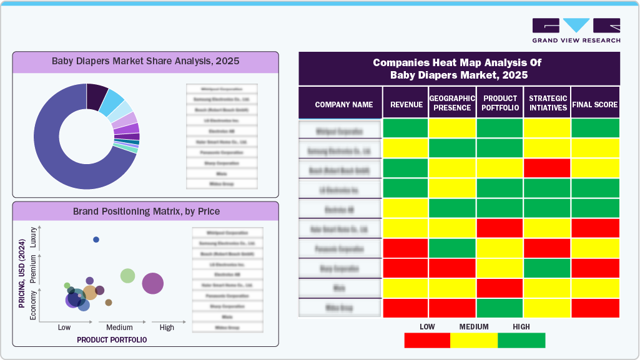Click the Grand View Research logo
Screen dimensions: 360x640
(576, 30)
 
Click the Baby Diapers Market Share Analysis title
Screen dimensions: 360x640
(145, 62)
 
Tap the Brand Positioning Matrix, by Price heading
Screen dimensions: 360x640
(145, 212)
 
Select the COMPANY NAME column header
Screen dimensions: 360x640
(343, 105)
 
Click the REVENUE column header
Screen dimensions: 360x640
(406, 105)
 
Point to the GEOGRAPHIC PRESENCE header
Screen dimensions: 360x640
(452, 103)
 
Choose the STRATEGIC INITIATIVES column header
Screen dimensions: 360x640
(547, 103)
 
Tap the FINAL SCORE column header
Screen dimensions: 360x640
(595, 105)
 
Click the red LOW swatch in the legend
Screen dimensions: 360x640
(427, 340)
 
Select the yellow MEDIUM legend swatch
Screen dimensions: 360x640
(474, 340)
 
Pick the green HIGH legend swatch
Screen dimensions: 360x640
(521, 340)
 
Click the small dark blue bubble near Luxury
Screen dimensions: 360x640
(96, 240)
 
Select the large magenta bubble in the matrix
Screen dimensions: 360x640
(152, 283)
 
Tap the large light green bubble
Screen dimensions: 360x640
(127, 275)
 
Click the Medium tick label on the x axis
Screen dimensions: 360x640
(119, 328)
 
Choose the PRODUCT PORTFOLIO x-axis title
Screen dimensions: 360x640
(112, 340)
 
